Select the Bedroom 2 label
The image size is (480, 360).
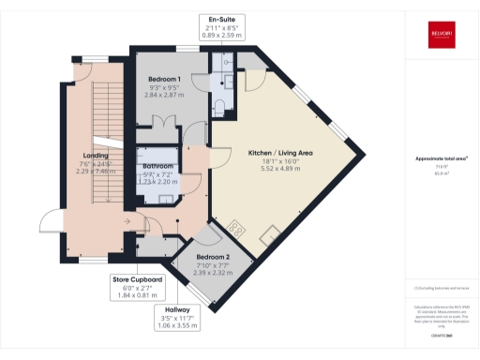(213, 256)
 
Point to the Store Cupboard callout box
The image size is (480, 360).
(138, 287)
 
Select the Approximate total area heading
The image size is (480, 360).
(440, 159)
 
